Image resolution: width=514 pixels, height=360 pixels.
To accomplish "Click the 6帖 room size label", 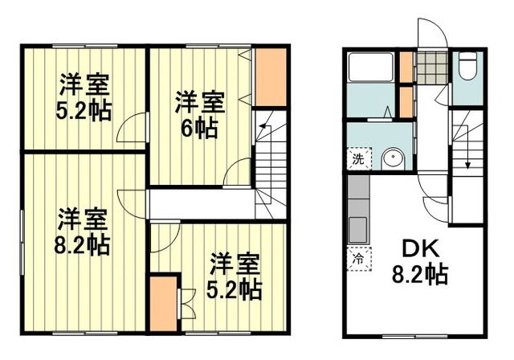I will coord(200,129).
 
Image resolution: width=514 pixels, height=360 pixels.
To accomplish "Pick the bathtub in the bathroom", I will coord(370,68).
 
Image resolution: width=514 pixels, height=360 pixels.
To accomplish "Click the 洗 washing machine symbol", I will coord(359,159).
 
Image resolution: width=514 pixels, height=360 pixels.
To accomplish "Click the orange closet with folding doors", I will coord(163,303).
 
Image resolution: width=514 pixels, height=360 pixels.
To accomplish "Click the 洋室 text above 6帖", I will coord(200,103).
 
